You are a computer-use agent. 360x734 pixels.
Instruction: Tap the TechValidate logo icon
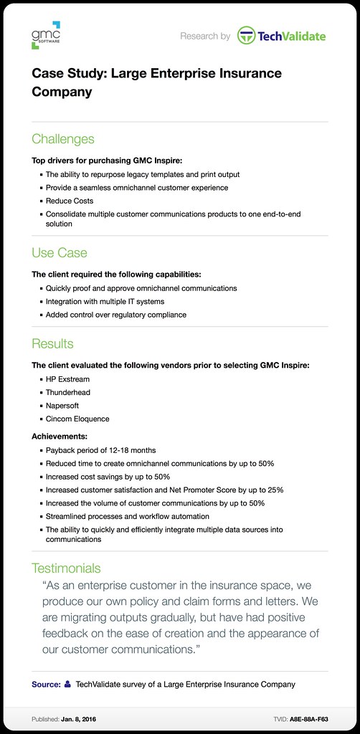(x=247, y=35)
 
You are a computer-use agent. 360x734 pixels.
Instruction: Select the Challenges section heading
(x=63, y=138)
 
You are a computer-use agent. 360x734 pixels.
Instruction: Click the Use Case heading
(x=60, y=252)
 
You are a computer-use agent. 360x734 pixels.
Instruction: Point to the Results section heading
(x=52, y=343)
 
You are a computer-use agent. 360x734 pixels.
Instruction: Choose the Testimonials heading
(x=66, y=568)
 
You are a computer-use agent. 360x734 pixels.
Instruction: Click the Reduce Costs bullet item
(x=70, y=201)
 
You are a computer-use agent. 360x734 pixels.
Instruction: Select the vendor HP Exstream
(x=67, y=379)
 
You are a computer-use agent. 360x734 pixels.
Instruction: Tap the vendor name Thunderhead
(x=68, y=392)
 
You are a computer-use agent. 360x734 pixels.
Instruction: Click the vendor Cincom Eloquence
(x=77, y=419)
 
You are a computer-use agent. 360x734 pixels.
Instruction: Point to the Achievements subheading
(x=60, y=436)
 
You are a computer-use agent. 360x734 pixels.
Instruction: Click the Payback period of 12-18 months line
(x=100, y=449)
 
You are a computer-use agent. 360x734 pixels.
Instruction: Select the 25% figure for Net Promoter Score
(x=274, y=490)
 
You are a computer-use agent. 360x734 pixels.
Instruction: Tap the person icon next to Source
(x=67, y=685)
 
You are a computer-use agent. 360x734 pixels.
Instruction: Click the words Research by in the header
(x=205, y=35)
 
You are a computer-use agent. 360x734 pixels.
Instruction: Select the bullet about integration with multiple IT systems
(x=105, y=301)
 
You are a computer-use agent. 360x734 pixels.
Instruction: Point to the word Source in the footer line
(x=46, y=685)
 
